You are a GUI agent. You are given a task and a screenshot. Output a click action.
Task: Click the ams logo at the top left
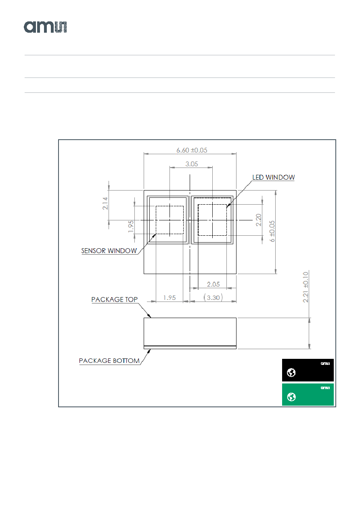[45, 27]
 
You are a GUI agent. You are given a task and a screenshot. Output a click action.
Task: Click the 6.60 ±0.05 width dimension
[192, 150]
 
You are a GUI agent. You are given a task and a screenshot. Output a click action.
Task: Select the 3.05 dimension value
[191, 164]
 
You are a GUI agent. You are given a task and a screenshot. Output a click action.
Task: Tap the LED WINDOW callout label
[274, 177]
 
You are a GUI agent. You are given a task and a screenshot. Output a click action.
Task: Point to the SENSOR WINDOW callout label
[109, 251]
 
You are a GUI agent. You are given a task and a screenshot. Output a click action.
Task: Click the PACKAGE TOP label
[115, 300]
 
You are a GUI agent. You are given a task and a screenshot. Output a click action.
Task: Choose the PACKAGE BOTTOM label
[109, 360]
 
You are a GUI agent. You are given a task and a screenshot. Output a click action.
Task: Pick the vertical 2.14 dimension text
[105, 203]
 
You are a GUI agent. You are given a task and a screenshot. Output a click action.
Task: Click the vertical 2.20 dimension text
[258, 220]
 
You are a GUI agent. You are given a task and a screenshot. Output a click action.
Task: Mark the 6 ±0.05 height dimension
[272, 231]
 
